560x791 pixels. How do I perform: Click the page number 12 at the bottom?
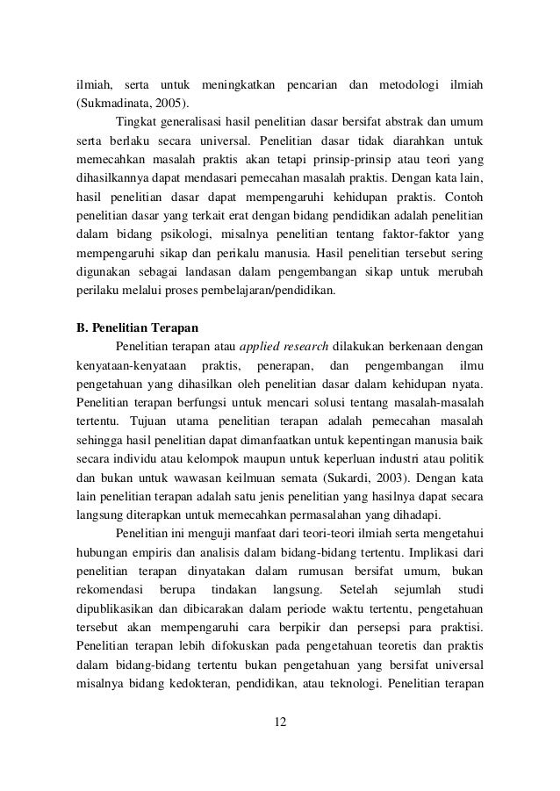(279, 723)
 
